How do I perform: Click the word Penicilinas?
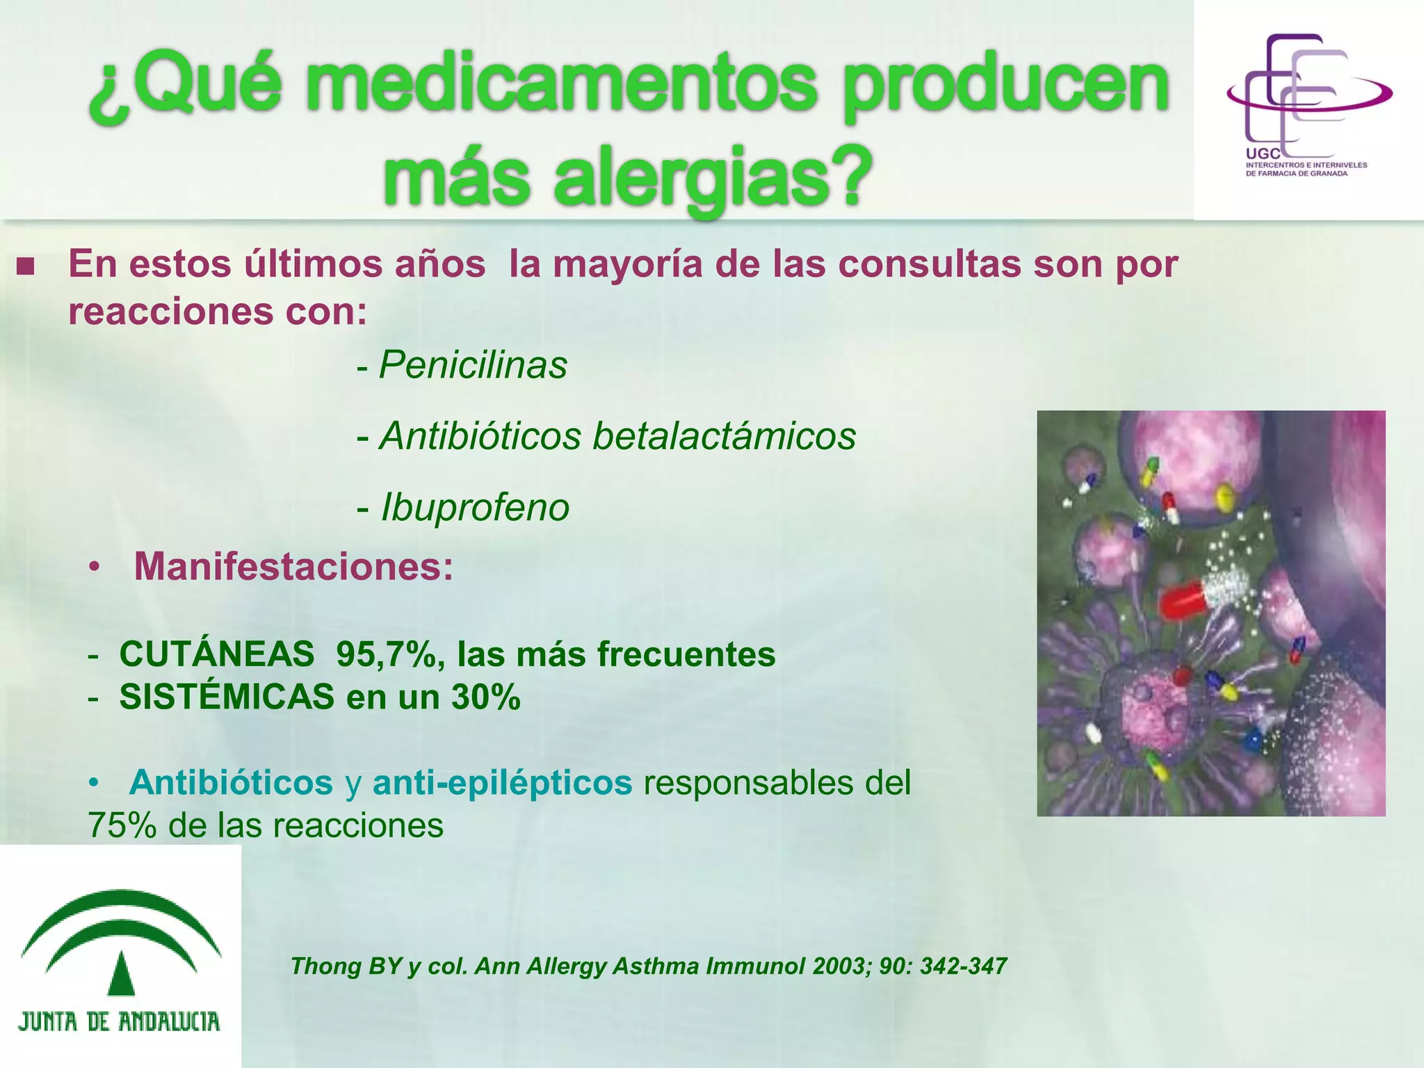click(473, 365)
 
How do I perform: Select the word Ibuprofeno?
click(475, 507)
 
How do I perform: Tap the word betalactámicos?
click(724, 436)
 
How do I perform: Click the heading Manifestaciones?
click(293, 566)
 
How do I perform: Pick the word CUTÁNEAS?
click(217, 654)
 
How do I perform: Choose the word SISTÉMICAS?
click(227, 697)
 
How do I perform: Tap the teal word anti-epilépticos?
click(502, 782)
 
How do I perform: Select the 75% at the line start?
click(122, 826)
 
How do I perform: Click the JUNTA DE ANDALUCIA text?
click(119, 1021)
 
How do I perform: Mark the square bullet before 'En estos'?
click(26, 266)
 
